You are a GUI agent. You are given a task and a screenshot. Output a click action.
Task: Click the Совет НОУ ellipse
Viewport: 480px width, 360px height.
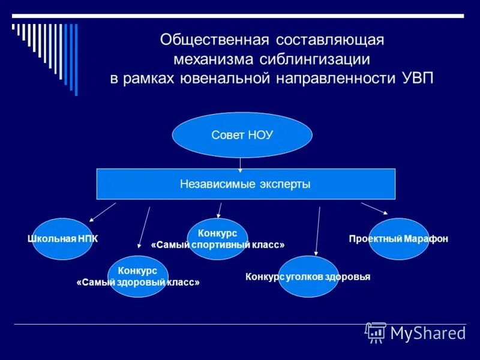point(242,135)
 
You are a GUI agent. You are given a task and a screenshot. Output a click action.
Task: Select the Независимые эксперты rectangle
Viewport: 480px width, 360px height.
point(246,184)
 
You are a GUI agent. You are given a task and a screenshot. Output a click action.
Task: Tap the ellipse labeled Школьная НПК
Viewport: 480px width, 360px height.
point(62,239)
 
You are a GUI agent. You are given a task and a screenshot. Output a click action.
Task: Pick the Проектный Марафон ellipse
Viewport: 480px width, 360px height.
point(398,239)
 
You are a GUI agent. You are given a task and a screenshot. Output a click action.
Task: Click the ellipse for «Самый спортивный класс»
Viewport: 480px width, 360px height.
point(217,239)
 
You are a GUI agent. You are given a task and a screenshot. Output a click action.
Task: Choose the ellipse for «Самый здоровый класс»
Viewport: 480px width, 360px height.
point(138,276)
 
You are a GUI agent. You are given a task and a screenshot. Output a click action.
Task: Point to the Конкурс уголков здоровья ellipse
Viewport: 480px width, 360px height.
point(308,277)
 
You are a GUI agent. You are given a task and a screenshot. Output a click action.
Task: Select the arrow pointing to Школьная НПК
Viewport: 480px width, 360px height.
point(103,212)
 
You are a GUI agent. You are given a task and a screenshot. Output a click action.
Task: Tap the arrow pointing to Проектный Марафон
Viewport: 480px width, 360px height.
point(374,208)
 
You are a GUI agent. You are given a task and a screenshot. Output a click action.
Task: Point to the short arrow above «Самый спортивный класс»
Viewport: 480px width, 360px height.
point(220,209)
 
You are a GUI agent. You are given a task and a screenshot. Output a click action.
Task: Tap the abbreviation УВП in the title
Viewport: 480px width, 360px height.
point(414,79)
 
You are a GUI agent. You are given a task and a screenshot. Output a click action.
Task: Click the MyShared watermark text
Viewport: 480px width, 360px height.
point(428,333)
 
